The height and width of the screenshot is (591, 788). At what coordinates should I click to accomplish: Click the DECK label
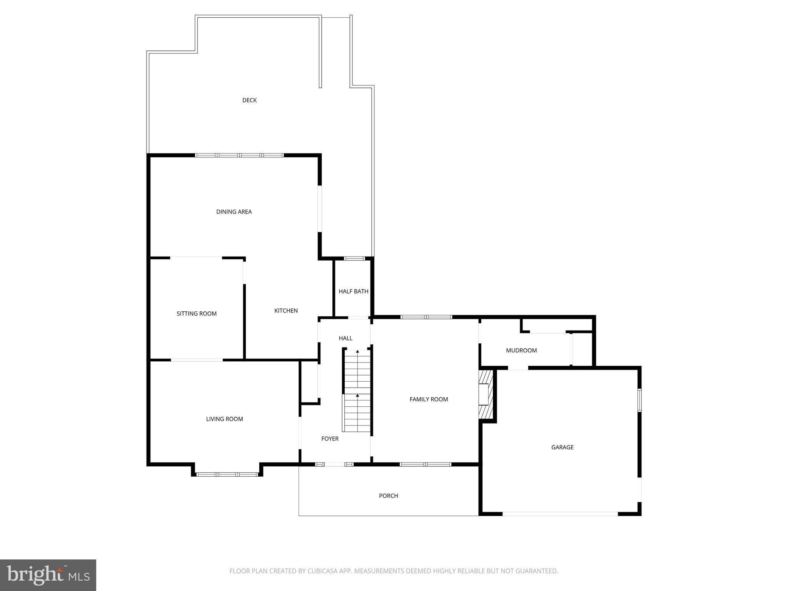[249, 100]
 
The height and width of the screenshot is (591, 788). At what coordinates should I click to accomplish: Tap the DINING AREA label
[234, 212]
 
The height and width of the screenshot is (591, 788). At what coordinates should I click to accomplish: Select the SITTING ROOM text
[197, 314]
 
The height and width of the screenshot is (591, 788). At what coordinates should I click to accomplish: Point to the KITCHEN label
[286, 311]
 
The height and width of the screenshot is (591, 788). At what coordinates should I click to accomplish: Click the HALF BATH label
[353, 291]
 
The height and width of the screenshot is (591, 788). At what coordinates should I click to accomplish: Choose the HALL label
[346, 338]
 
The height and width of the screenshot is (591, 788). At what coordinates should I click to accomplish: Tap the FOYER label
[330, 439]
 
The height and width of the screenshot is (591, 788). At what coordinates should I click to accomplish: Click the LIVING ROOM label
[224, 419]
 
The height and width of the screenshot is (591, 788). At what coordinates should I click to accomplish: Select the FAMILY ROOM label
[429, 399]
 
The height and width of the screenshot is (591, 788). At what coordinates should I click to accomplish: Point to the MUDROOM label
[521, 351]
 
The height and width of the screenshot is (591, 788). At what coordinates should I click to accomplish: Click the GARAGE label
[562, 447]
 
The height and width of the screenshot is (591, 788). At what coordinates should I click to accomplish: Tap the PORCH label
[388, 496]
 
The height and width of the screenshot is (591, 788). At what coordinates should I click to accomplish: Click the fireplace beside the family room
[485, 394]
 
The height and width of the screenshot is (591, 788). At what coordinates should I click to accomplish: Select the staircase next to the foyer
[357, 390]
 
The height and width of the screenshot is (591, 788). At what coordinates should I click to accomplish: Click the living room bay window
[227, 474]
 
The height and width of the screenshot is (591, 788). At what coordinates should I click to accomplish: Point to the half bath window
[354, 258]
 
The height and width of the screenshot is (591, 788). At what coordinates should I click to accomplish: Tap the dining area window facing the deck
[239, 155]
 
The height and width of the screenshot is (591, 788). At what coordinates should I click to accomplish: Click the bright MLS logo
[48, 575]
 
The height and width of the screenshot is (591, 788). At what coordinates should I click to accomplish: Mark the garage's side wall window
[639, 400]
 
